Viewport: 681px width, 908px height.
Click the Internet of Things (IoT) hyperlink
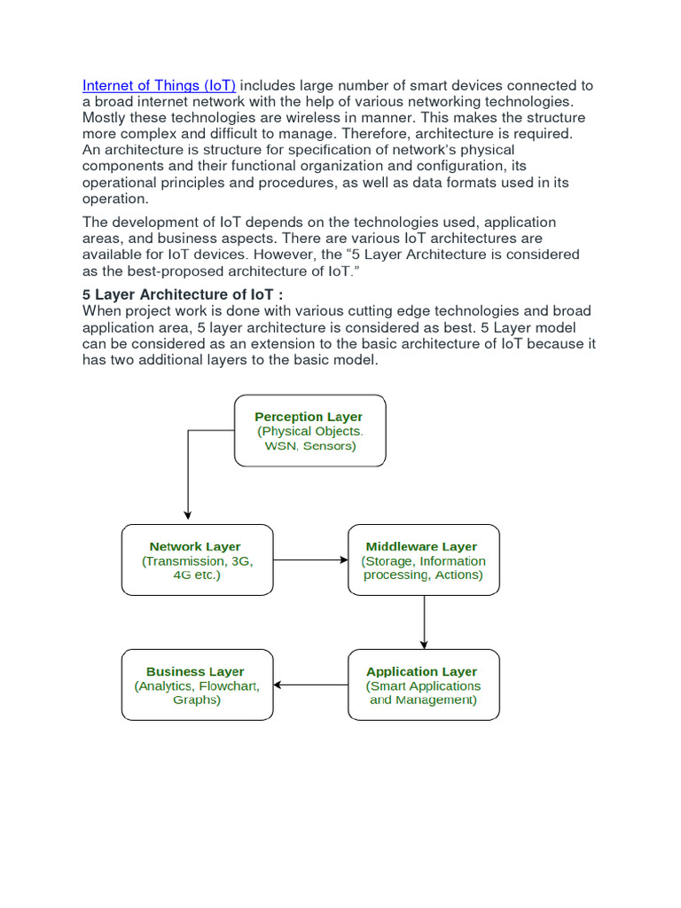coord(160,86)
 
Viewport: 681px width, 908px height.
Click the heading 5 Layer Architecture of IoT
coord(184,294)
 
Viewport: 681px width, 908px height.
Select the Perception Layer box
coord(309,430)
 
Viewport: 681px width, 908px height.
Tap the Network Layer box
coord(197,560)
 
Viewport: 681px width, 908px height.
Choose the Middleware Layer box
coord(423,560)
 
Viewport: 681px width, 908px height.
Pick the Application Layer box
coord(423,685)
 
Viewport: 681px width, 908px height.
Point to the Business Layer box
coord(197,685)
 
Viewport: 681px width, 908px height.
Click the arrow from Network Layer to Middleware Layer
coord(310,560)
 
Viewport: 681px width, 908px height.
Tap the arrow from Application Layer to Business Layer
coord(310,685)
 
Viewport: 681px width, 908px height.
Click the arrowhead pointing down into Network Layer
coord(188,516)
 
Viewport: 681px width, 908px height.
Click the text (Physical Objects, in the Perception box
coord(309,431)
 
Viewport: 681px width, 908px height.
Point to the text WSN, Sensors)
coord(309,445)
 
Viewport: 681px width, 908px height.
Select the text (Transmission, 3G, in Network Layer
coord(196,560)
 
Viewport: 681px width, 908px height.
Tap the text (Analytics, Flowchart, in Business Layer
coord(197,685)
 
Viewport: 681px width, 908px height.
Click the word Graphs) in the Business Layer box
coord(197,700)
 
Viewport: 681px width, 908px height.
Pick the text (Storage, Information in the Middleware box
coord(423,560)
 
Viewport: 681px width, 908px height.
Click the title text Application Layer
coord(421,671)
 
